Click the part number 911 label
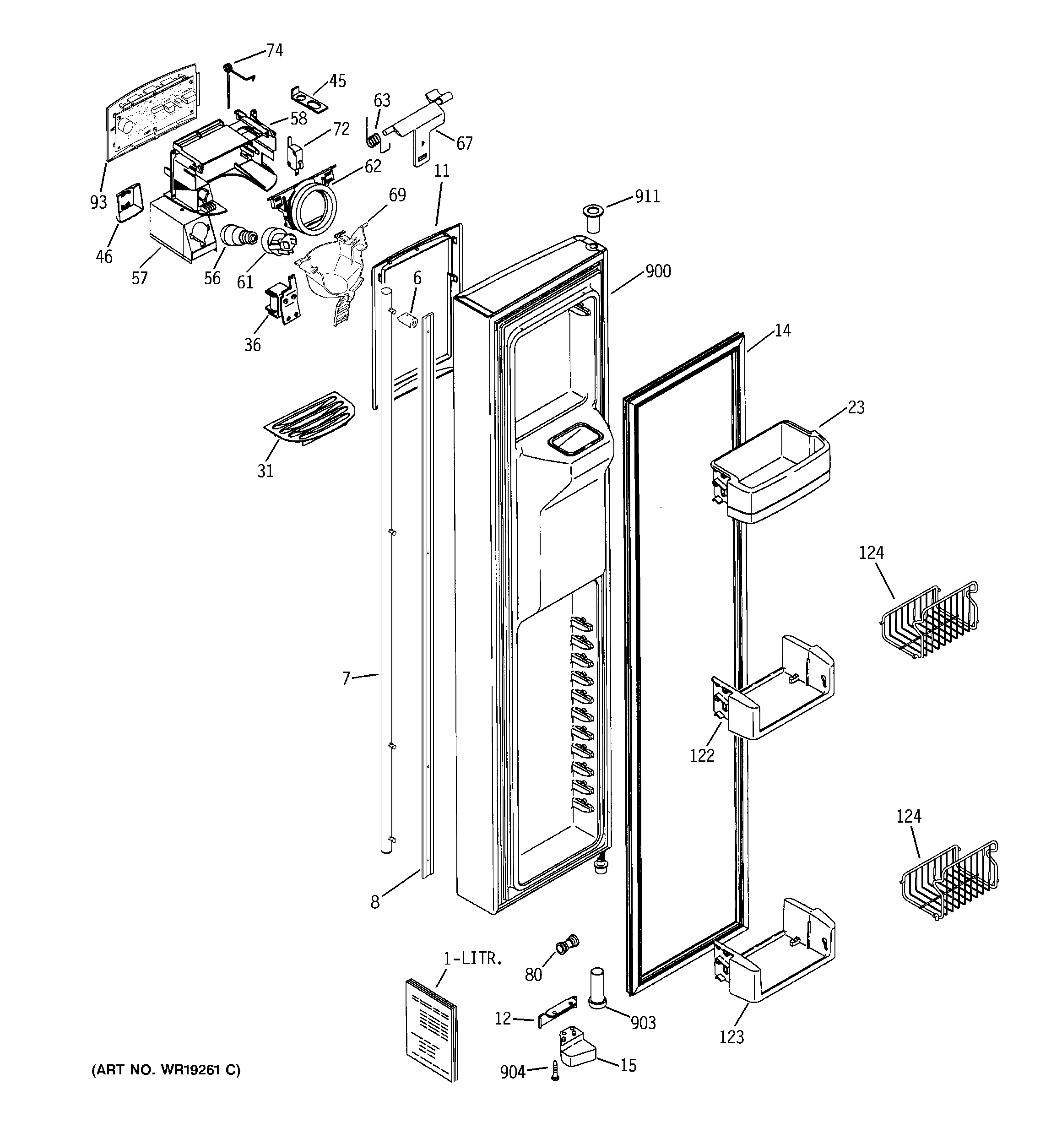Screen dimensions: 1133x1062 coord(647,197)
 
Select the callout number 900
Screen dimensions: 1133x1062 coord(658,271)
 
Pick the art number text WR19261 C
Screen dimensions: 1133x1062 coord(166,1070)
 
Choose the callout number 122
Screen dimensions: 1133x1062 coord(702,755)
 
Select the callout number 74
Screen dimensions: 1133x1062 coord(275,51)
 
